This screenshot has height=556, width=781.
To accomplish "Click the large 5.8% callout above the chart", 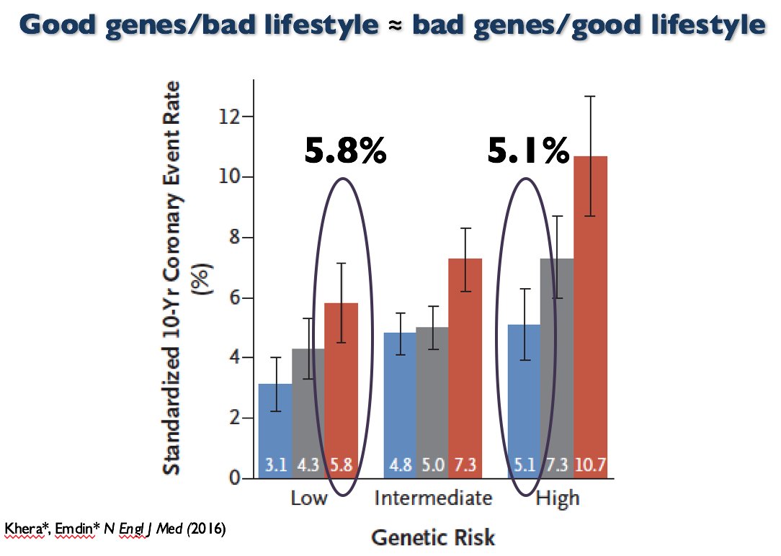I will [x=345, y=152].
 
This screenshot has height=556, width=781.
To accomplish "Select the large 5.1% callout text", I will [x=529, y=152].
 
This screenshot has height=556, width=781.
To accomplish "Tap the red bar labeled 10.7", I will [x=590, y=317].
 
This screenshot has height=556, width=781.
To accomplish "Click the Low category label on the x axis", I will [x=308, y=498].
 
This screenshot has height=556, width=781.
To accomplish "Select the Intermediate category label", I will [x=434, y=498].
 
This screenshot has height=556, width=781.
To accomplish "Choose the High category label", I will [x=558, y=498].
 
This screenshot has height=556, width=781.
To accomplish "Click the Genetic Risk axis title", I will [x=433, y=537].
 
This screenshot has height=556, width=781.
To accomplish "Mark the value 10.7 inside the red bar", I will [x=590, y=465].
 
